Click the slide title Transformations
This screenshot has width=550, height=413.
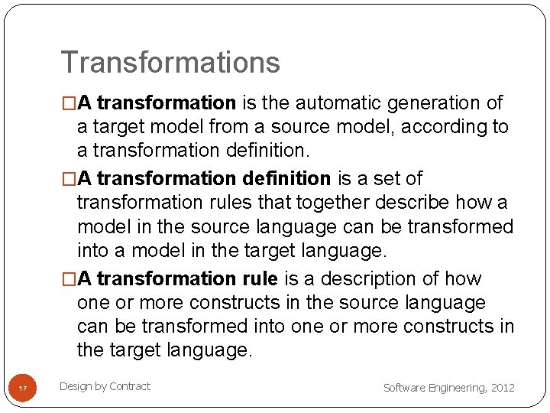pyautogui.click(x=170, y=63)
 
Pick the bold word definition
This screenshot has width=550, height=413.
pyautogui.click(x=286, y=178)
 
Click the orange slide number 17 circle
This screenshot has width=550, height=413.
pyautogui.click(x=23, y=389)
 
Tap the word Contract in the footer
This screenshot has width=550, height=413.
pyautogui.click(x=130, y=386)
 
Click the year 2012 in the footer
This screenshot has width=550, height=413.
pyautogui.click(x=503, y=388)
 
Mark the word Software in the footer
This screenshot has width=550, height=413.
pyautogui.click(x=401, y=388)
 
